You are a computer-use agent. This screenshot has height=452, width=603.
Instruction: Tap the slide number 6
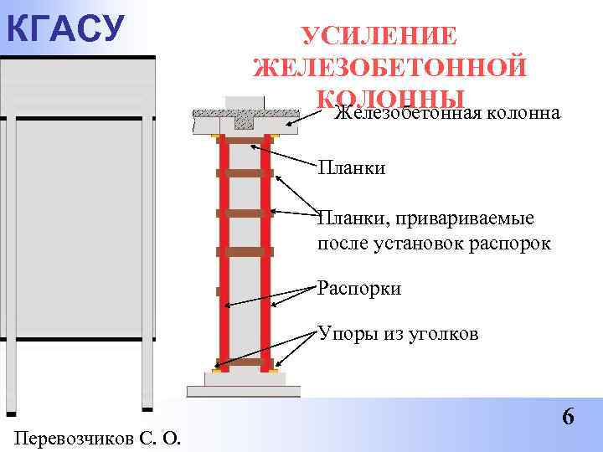pyautogui.click(x=569, y=416)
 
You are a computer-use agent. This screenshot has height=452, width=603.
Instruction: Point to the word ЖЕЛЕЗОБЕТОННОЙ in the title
pyautogui.click(x=389, y=66)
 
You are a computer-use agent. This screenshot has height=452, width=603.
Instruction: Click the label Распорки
pyautogui.click(x=360, y=289)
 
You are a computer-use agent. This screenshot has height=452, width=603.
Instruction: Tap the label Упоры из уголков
pyautogui.click(x=398, y=334)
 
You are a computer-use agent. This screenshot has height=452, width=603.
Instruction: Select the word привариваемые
pyautogui.click(x=469, y=219)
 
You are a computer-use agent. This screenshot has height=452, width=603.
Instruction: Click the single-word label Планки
pyautogui.click(x=352, y=169)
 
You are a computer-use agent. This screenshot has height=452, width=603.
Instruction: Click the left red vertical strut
pyautogui.click(x=224, y=251)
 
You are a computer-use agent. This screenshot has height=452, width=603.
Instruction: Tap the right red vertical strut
pyautogui.click(x=265, y=251)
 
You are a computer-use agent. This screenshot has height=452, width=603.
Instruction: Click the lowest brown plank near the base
pyautogui.click(x=244, y=362)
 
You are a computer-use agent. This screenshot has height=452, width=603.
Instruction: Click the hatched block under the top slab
pyautogui.click(x=244, y=121)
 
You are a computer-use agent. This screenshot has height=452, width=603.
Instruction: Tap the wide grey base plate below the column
pyautogui.click(x=243, y=391)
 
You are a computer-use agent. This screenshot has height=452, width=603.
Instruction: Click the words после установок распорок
pyautogui.click(x=435, y=244)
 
